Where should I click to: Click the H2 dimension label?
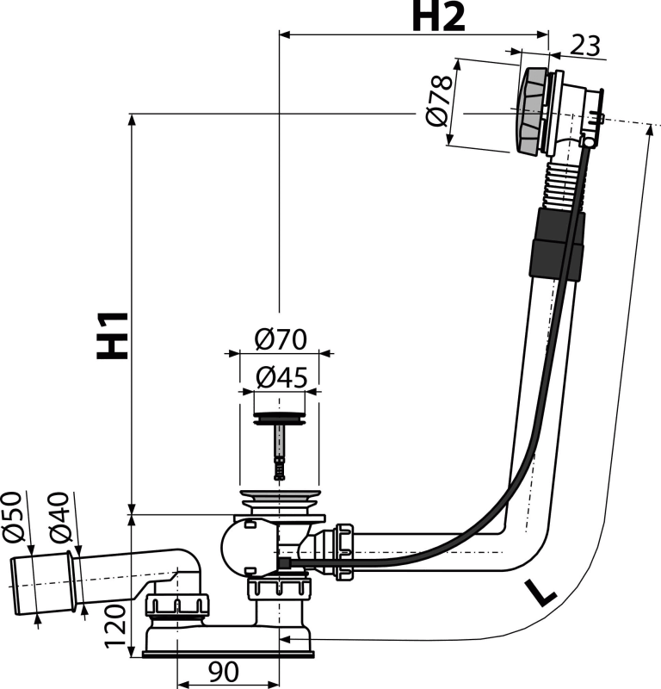click(442, 17)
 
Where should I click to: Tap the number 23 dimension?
click(584, 45)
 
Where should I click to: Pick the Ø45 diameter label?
click(278, 376)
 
